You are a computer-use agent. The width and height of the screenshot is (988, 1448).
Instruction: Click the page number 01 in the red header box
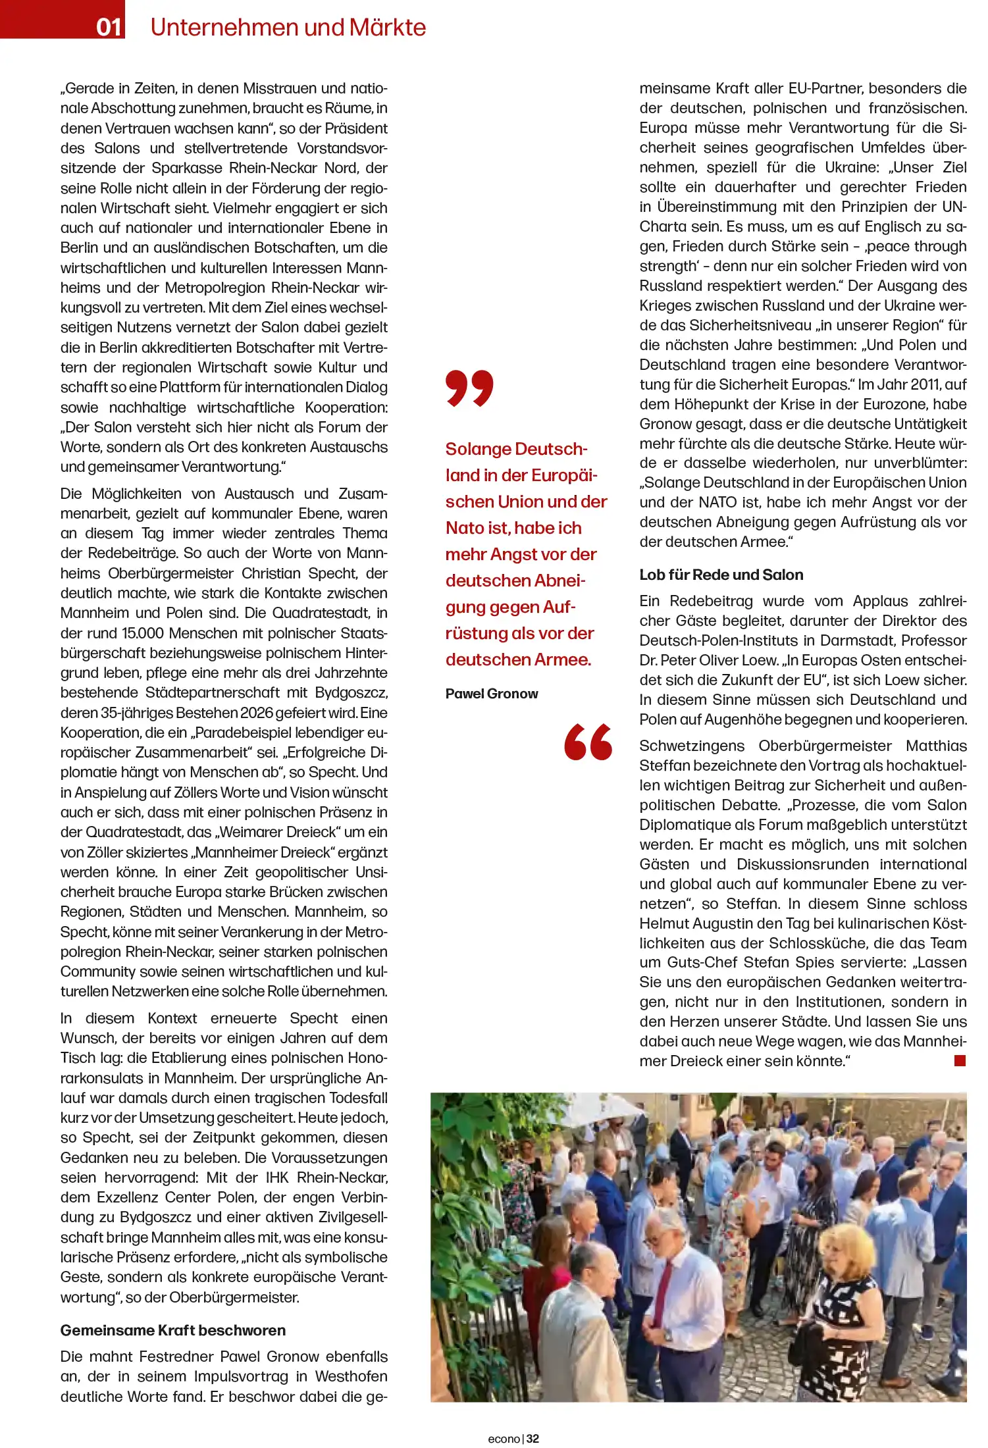point(109,27)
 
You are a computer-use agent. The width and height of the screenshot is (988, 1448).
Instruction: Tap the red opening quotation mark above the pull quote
point(469,388)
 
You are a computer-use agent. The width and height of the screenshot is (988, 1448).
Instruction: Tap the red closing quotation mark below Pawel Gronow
point(588,742)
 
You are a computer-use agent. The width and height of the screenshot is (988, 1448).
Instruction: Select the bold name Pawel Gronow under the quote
point(491,694)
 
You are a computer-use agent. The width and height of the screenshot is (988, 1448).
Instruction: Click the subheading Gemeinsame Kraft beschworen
point(172,1330)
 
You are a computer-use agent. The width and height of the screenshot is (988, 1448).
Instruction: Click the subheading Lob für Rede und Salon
point(721,575)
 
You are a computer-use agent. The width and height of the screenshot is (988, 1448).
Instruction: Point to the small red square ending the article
point(960,1060)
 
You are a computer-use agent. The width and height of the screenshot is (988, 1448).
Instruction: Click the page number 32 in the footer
point(533,1439)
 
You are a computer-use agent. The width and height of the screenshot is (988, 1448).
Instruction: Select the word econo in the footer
point(504,1439)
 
